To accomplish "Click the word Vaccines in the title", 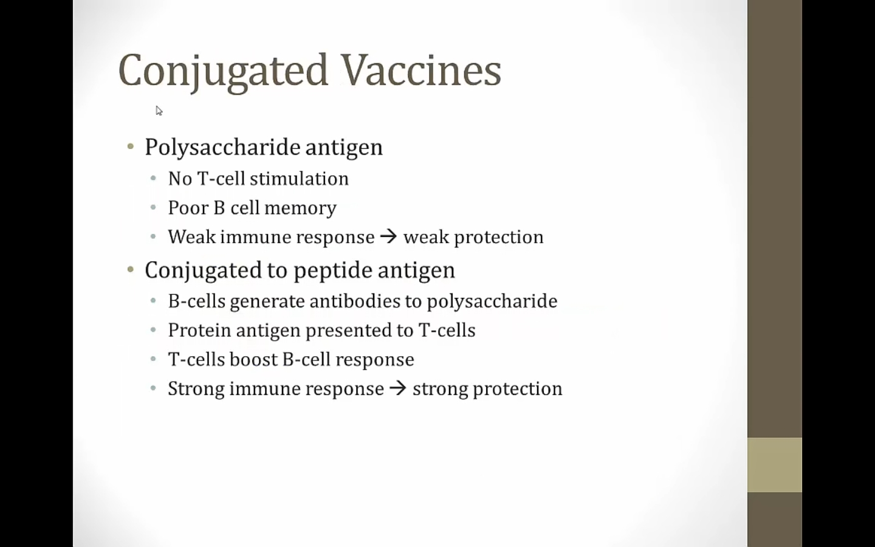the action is [421, 70].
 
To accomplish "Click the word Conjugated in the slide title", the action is [223, 73].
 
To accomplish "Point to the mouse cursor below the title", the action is [159, 111].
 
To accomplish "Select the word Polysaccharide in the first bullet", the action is [222, 148].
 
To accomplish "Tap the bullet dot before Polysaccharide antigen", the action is [131, 146].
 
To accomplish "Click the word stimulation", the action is [299, 179].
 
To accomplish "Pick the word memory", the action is [300, 208].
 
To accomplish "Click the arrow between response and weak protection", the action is [389, 236].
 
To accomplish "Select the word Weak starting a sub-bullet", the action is [192, 236].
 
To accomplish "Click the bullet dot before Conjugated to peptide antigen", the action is [131, 269].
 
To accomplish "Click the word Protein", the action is [199, 330].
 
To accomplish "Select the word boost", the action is [253, 359].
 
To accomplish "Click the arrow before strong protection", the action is [398, 388].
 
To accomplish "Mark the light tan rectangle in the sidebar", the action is [775, 465].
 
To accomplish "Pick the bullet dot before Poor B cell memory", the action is [153, 207].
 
